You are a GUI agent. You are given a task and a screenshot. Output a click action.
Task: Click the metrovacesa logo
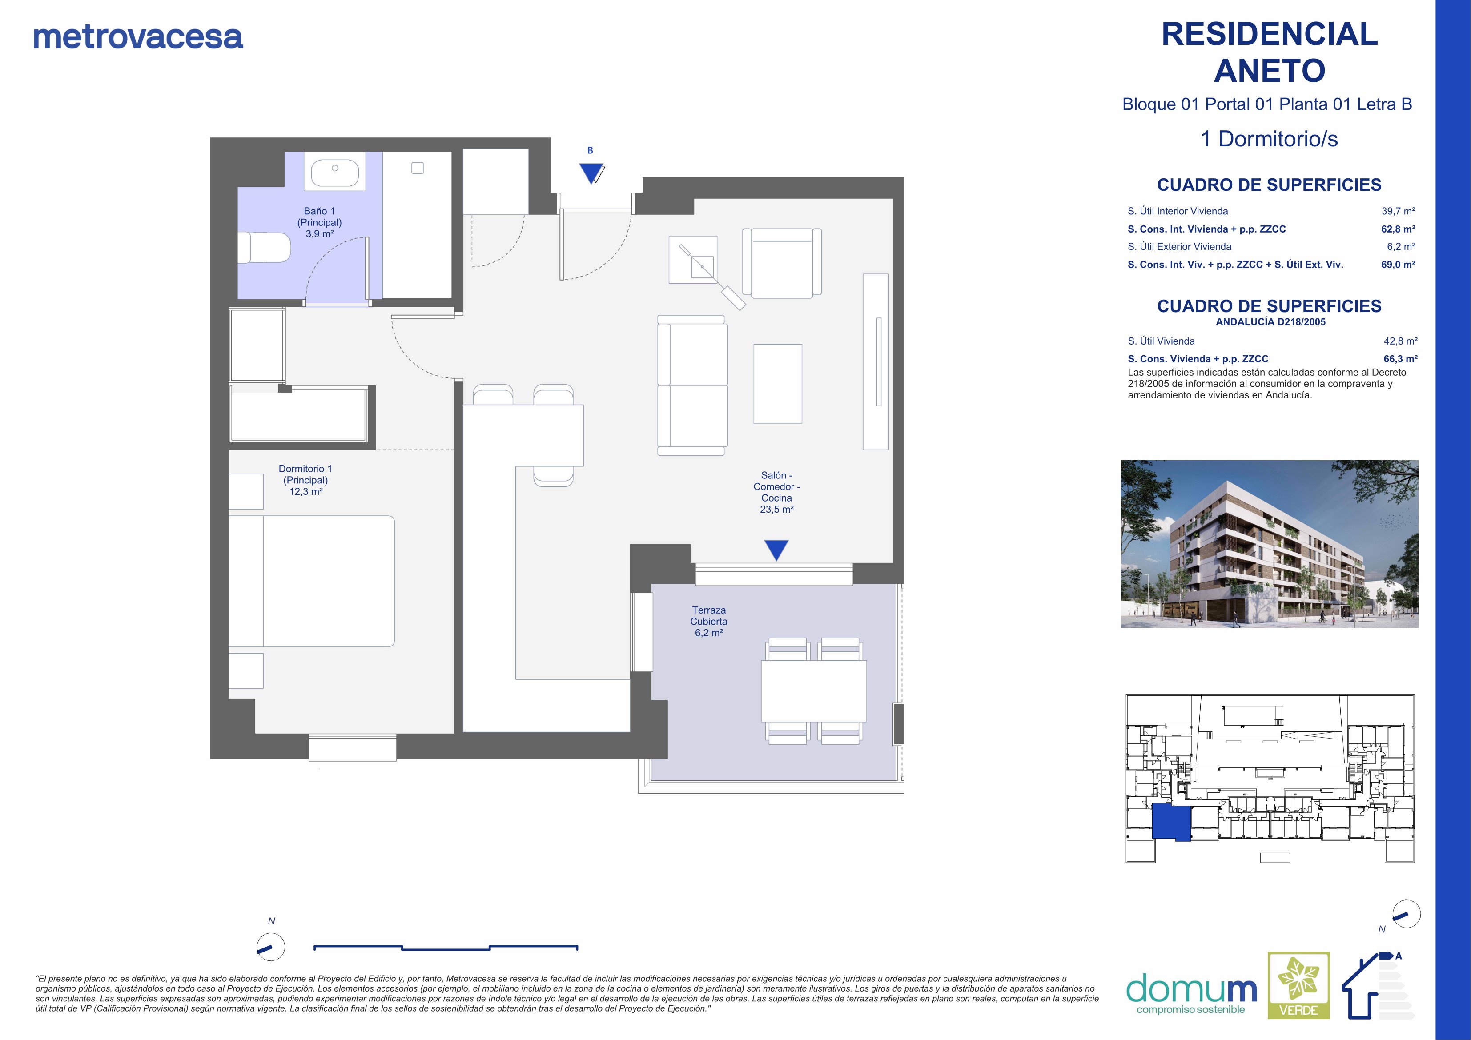pos(138,37)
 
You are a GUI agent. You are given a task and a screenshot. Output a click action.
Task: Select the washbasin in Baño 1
pos(334,172)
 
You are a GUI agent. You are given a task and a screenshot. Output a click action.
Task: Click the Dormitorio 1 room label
pos(305,480)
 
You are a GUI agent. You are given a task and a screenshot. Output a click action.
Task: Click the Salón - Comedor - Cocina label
pos(776,492)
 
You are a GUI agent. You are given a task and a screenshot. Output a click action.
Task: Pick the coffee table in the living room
pos(778,384)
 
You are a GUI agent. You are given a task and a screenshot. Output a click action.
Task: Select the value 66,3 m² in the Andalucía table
pos(1401,359)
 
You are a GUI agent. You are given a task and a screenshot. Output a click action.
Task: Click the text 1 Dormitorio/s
pos(1269,139)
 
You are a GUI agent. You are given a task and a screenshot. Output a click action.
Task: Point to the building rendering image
pos(1269,543)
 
